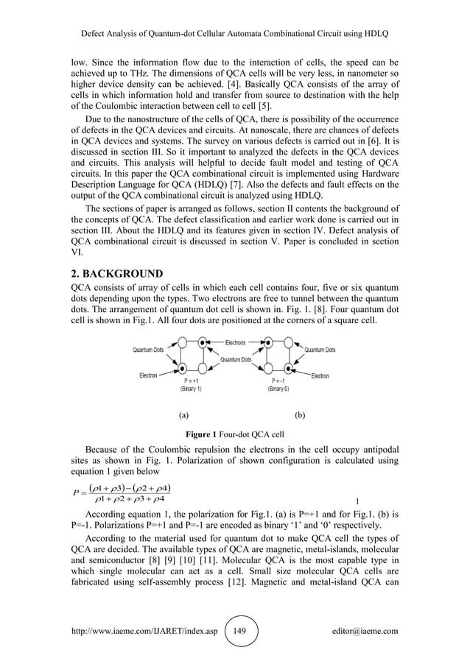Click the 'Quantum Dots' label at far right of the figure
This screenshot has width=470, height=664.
(320, 350)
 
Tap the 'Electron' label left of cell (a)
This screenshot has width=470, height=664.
(149, 375)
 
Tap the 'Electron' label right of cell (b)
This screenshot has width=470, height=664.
(320, 376)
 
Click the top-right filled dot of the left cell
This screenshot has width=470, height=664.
(203, 342)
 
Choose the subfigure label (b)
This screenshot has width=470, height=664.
(300, 415)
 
